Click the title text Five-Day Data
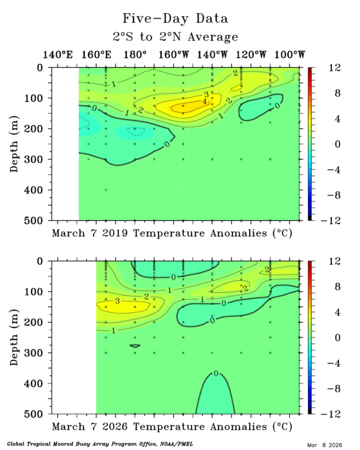(x=175, y=18)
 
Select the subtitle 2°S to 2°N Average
(x=175, y=37)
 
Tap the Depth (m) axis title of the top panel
(x=15, y=143)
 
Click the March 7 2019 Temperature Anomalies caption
(x=172, y=233)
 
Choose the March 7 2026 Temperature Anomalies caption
(x=172, y=427)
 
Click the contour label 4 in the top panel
(x=204, y=102)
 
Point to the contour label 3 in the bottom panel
(x=118, y=301)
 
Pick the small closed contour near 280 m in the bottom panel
(x=135, y=346)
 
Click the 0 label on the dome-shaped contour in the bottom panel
(x=215, y=373)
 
